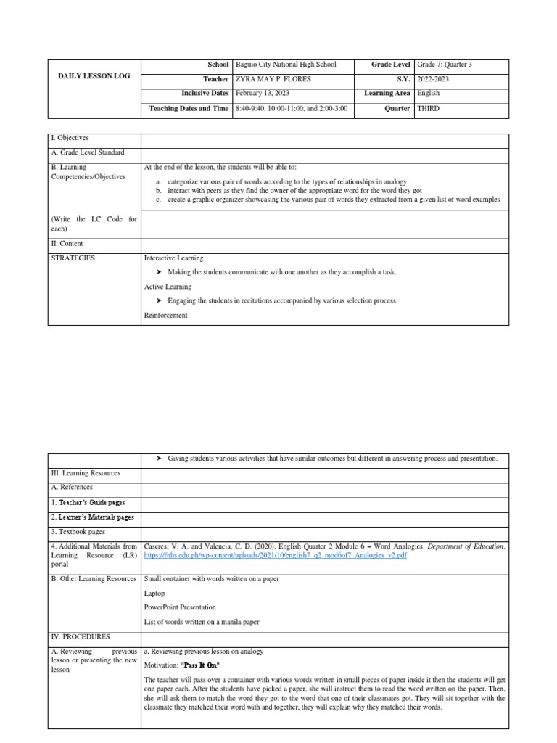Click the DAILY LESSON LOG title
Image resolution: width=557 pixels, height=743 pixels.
click(x=94, y=76)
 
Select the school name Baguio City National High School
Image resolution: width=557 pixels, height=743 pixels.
click(x=286, y=65)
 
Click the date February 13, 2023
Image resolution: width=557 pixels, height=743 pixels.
click(x=262, y=94)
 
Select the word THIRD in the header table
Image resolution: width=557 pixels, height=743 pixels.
click(x=429, y=109)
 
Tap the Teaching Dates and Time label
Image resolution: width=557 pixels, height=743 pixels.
click(x=189, y=109)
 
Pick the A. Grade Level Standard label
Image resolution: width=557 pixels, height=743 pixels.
click(x=87, y=152)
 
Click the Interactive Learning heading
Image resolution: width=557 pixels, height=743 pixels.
click(x=173, y=258)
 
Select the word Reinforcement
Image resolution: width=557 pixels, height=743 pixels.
click(x=166, y=315)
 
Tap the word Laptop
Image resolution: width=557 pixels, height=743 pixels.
click(x=154, y=593)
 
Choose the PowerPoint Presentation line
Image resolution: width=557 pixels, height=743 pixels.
click(x=180, y=607)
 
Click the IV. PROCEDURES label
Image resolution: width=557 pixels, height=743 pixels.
click(x=81, y=636)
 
